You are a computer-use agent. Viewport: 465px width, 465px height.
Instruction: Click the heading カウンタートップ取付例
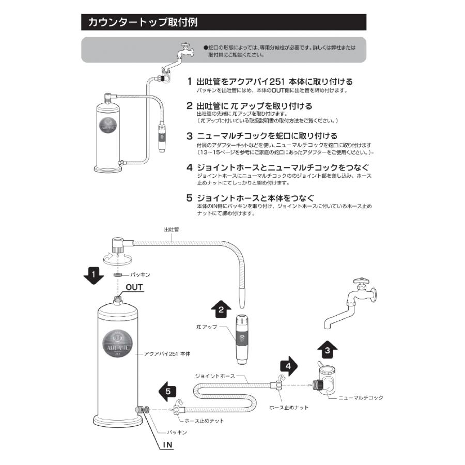point(142,23)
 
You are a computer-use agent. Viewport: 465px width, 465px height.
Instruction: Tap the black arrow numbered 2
point(221,309)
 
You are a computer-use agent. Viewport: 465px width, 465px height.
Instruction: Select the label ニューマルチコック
point(360,398)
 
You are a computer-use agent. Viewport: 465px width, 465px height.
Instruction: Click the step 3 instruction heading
point(260,136)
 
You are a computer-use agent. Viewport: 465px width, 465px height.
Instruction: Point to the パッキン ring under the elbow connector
point(118,274)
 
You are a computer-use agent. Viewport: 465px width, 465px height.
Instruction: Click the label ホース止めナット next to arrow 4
point(289,408)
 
